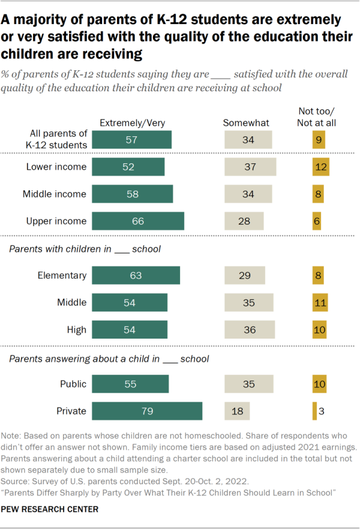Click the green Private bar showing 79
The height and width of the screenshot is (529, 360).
click(x=147, y=411)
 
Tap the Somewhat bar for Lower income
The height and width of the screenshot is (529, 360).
click(x=251, y=167)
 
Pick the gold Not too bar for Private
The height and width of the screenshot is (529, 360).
click(x=314, y=411)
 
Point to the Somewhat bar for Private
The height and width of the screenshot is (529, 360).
click(x=237, y=411)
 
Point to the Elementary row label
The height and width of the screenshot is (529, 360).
click(x=62, y=276)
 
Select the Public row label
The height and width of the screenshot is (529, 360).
click(x=73, y=384)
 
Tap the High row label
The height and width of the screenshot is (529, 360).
click(x=77, y=330)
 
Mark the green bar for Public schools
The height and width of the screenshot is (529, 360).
click(x=130, y=384)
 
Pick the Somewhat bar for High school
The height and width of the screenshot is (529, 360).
click(x=250, y=330)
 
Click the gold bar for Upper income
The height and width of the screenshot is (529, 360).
click(x=316, y=221)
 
